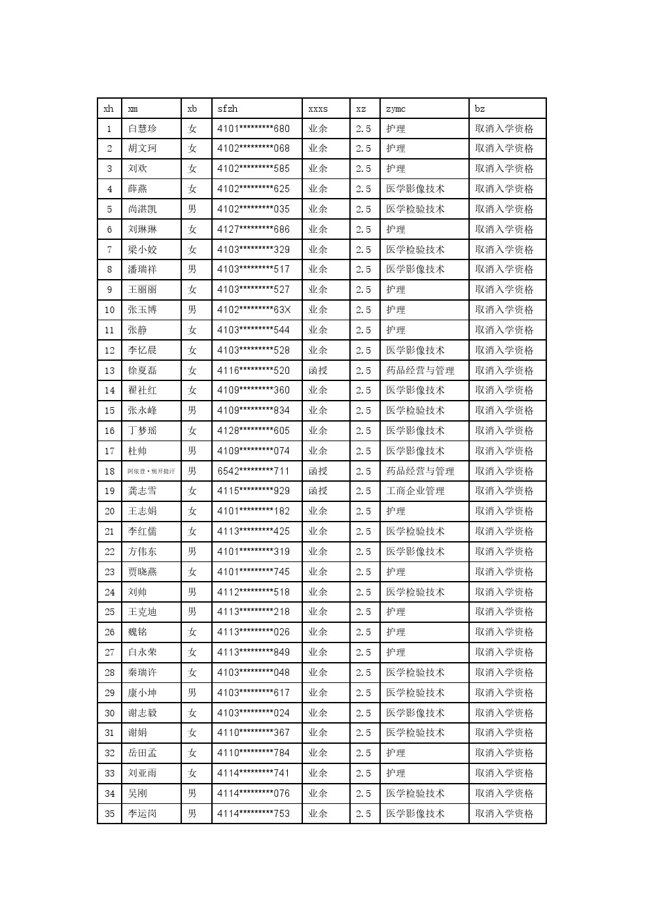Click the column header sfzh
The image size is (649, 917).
pos(228,108)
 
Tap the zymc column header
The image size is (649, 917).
pos(396,108)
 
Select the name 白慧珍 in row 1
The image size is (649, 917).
pos(143,129)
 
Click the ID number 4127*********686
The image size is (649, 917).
pos(253,229)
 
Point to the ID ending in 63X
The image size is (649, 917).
pos(253,310)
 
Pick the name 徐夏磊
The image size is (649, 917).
pos(143,371)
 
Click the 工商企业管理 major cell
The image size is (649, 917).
pos(415,491)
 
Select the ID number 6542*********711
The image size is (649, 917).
pos(253,471)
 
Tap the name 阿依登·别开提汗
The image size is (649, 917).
pos(151,471)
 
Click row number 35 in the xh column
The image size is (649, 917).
pos(109,814)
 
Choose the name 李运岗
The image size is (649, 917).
pos(143,814)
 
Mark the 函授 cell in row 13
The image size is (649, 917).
pos(318,371)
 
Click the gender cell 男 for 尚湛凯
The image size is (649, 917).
pos(192,209)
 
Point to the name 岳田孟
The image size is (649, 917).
pos(143,753)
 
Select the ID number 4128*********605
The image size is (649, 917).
pos(253,431)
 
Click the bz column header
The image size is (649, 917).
pos(480,108)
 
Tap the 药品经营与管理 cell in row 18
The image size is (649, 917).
pos(420,471)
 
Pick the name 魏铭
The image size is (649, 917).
pos(137,632)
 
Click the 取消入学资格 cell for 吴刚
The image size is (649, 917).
pos(504,793)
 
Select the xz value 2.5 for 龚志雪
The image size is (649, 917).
pos(364,491)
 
